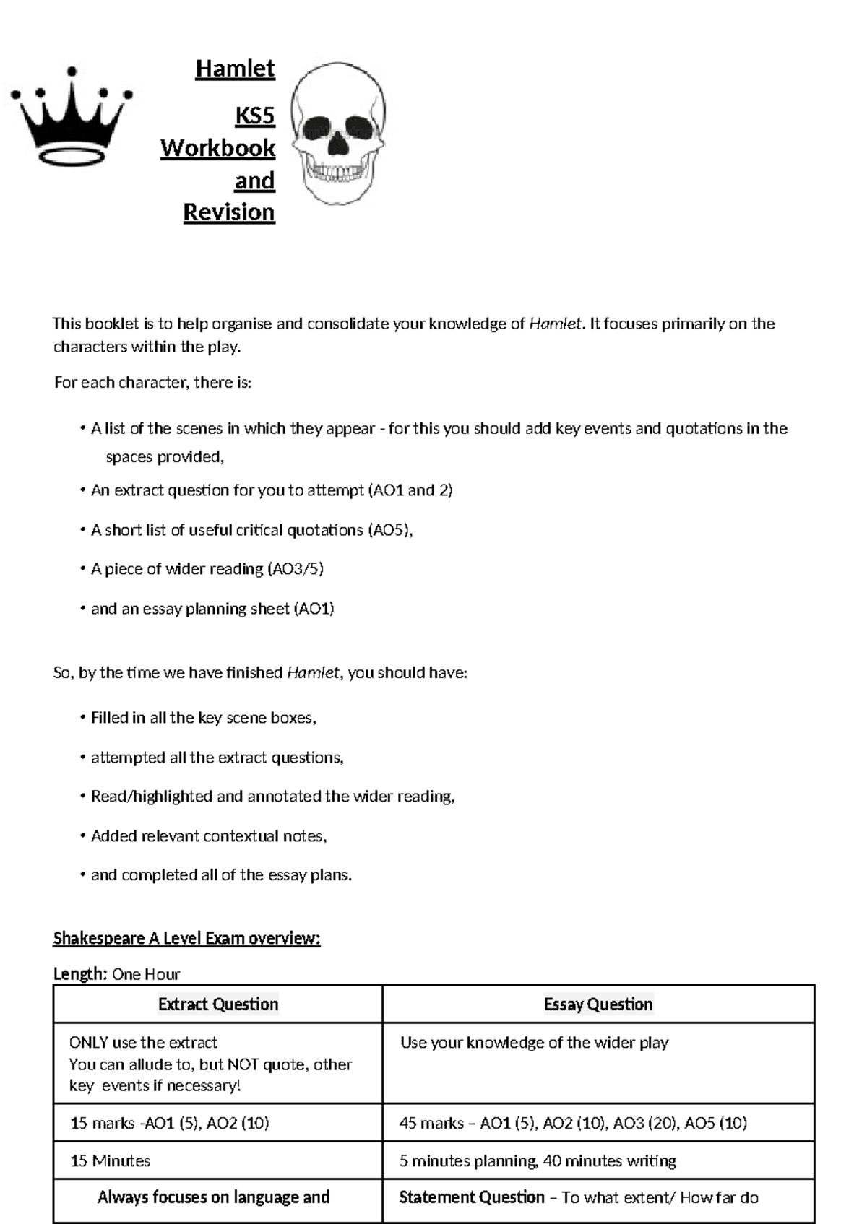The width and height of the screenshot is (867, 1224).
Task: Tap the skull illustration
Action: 338,134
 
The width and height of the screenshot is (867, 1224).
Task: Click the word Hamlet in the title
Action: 235,69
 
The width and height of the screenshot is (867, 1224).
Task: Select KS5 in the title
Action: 254,116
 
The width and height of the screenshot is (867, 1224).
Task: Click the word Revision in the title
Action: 229,212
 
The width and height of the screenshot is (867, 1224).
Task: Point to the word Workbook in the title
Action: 217,148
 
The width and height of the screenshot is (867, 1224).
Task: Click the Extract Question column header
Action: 217,1004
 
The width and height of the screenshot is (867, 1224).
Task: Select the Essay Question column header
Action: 598,1004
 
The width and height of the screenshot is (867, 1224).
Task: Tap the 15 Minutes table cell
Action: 110,1160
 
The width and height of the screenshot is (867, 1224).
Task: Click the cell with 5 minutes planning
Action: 537,1160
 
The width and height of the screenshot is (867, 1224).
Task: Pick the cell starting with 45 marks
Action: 572,1123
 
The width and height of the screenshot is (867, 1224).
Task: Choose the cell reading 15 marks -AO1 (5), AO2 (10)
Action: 169,1123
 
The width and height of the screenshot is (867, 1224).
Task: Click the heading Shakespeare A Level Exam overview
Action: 186,938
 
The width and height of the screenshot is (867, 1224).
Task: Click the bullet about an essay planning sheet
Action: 212,609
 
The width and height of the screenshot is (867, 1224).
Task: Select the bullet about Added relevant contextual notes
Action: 208,836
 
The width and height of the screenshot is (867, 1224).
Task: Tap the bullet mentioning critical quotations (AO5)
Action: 251,530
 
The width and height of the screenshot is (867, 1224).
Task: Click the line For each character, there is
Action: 152,382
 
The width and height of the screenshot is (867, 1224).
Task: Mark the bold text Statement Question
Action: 471,1197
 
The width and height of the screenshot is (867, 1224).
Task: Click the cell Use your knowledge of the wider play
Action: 534,1043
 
